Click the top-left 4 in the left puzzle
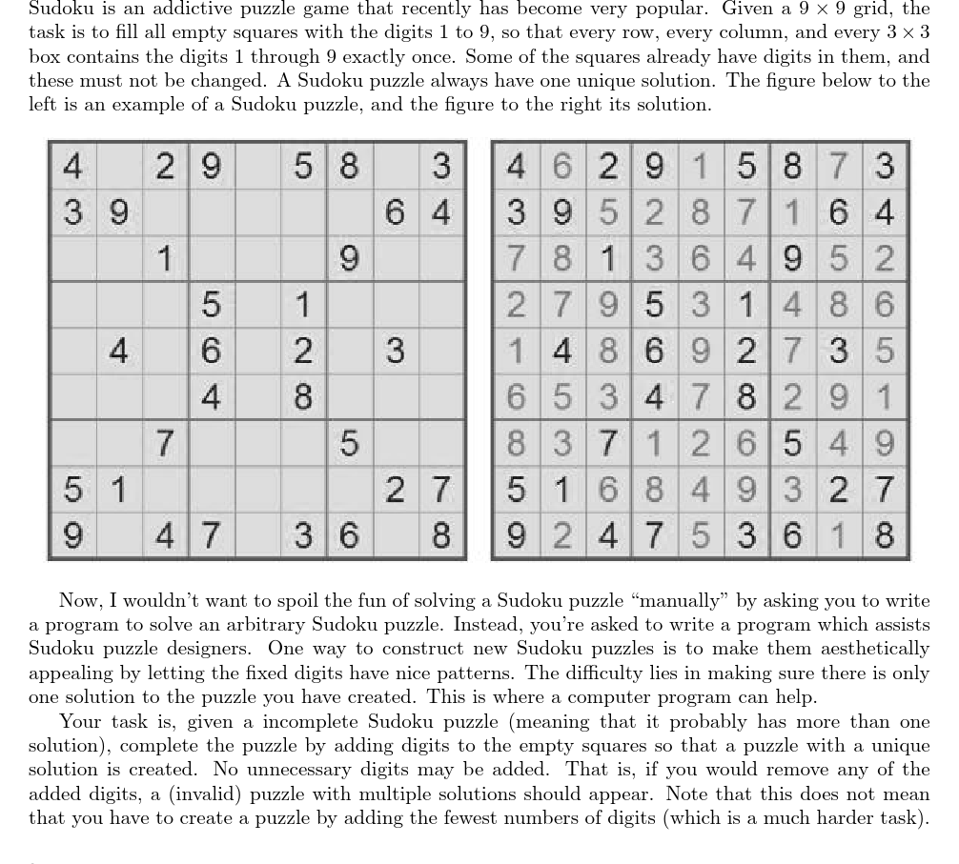(x=71, y=167)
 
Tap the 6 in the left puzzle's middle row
(x=211, y=351)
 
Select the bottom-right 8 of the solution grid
(x=884, y=536)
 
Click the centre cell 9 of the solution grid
(x=698, y=351)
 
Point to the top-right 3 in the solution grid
(x=884, y=167)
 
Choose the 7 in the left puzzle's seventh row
(x=165, y=443)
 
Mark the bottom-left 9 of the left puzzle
(x=71, y=536)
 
